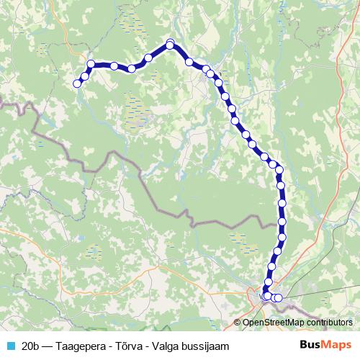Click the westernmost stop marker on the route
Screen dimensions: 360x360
pyautogui.click(x=77, y=84)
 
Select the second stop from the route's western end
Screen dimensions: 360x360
pyautogui.click(x=85, y=76)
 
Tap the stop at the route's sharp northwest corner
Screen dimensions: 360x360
pyautogui.click(x=91, y=64)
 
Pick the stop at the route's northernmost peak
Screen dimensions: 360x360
pyautogui.click(x=171, y=45)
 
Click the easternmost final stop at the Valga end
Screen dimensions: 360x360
pyautogui.click(x=279, y=298)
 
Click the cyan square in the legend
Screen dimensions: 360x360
pyautogui.click(x=10, y=346)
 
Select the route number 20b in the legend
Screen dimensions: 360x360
pyautogui.click(x=31, y=346)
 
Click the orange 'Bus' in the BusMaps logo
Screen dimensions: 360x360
pyautogui.click(x=312, y=345)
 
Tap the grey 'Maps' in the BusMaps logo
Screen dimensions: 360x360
pyautogui.click(x=340, y=345)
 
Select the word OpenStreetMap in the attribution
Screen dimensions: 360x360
pyautogui.click(x=274, y=323)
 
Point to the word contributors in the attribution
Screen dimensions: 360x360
pyautogui.click(x=330, y=323)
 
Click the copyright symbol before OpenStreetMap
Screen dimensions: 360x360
pyautogui.click(x=238, y=323)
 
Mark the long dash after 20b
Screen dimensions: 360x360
pyautogui.click(x=51, y=346)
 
